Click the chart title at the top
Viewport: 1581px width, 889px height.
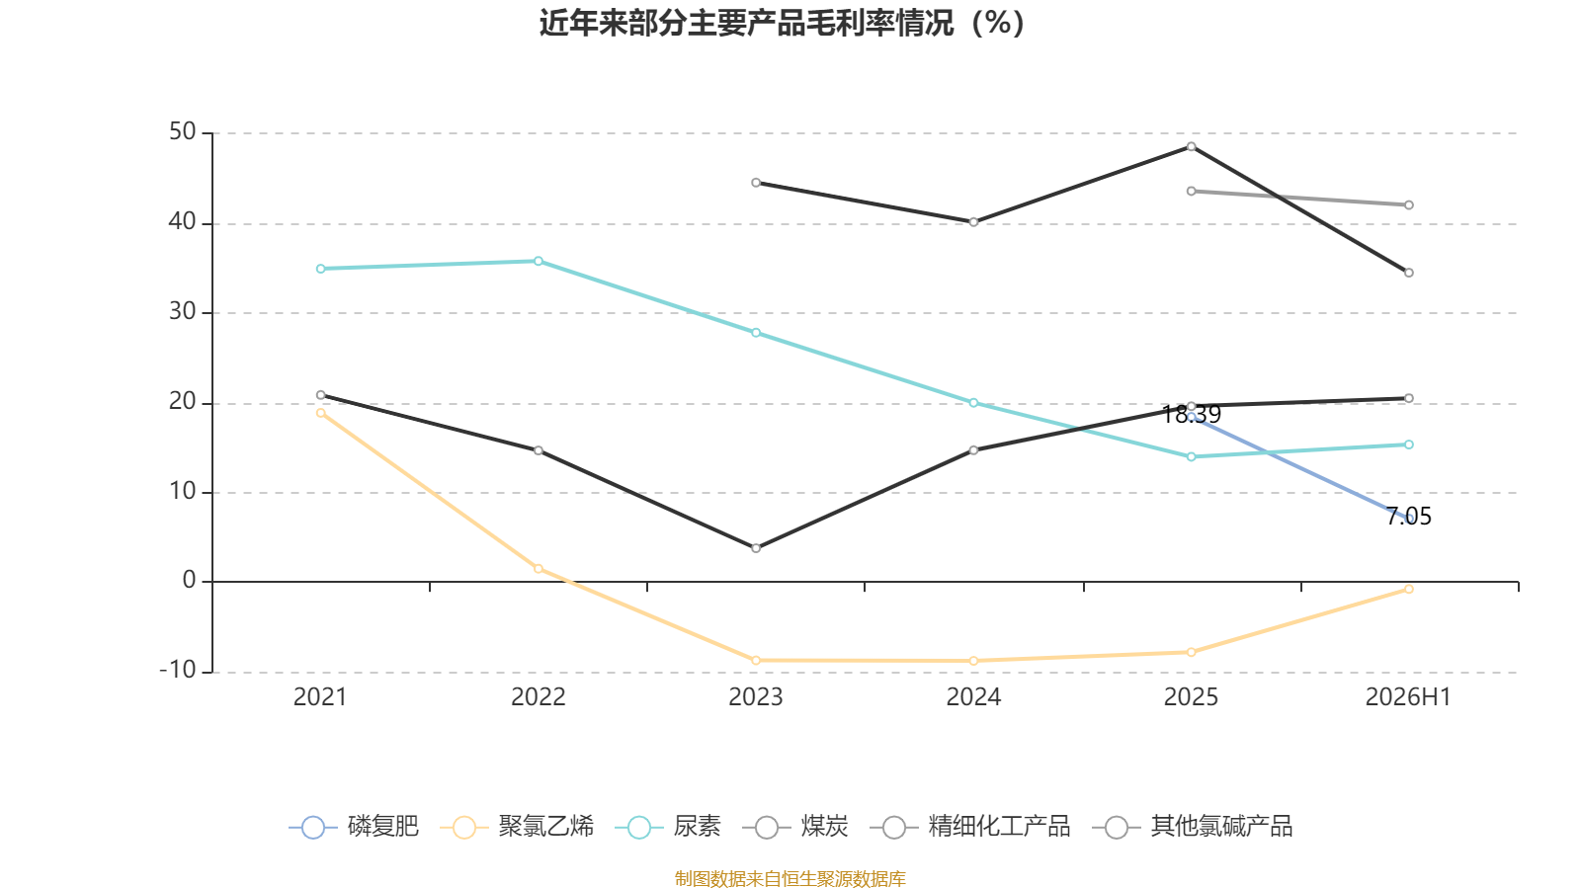click(x=782, y=23)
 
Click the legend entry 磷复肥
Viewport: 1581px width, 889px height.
click(x=354, y=826)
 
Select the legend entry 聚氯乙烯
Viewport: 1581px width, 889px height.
click(x=517, y=826)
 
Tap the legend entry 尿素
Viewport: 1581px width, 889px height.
click(x=668, y=826)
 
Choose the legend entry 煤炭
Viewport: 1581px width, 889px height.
click(x=795, y=826)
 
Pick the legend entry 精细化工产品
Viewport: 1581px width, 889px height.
click(x=969, y=826)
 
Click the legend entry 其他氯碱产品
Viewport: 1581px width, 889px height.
click(x=1192, y=826)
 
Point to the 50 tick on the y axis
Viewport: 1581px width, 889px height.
click(x=182, y=132)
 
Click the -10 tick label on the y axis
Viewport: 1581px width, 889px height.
click(x=178, y=671)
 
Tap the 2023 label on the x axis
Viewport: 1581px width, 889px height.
click(x=755, y=697)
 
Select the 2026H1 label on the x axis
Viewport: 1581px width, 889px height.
click(x=1408, y=697)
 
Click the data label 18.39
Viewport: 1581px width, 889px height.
click(x=1191, y=415)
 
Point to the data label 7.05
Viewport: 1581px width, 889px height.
click(x=1409, y=517)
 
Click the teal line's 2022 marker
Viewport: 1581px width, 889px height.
click(x=539, y=261)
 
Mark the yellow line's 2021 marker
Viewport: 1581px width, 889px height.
click(x=321, y=413)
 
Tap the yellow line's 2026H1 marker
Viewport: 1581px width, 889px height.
click(x=1409, y=589)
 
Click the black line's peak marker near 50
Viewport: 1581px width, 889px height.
click(x=1192, y=147)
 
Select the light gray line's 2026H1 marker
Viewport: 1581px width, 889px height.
click(x=1409, y=205)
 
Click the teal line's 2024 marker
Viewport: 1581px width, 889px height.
click(x=973, y=403)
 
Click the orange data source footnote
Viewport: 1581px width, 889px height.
click(x=790, y=878)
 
